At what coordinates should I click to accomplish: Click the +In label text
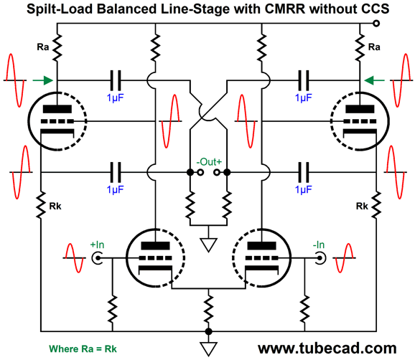click(97, 245)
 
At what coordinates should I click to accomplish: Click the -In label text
click(319, 245)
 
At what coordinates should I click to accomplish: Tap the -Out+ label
click(209, 162)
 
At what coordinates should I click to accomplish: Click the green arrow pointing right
click(42, 80)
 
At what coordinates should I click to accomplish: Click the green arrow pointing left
click(375, 80)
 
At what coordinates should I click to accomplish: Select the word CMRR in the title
click(285, 9)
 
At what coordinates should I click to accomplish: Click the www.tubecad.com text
click(327, 349)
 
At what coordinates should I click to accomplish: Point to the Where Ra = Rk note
click(83, 349)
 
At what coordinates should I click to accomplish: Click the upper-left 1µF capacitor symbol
click(116, 80)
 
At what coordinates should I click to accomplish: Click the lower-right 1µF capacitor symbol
click(303, 172)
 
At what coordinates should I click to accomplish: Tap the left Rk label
click(55, 206)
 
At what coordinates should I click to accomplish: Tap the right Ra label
click(374, 47)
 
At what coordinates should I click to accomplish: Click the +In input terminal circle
click(97, 258)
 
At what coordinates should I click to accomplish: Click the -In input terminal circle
click(320, 258)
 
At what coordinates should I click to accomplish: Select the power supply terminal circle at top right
click(376, 24)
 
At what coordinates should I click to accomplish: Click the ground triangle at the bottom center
click(208, 349)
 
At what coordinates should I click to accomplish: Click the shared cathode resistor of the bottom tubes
click(208, 308)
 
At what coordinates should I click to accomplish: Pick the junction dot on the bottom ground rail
click(208, 331)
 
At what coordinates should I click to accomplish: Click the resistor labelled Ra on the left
click(57, 47)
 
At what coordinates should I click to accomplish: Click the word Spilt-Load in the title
click(60, 9)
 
